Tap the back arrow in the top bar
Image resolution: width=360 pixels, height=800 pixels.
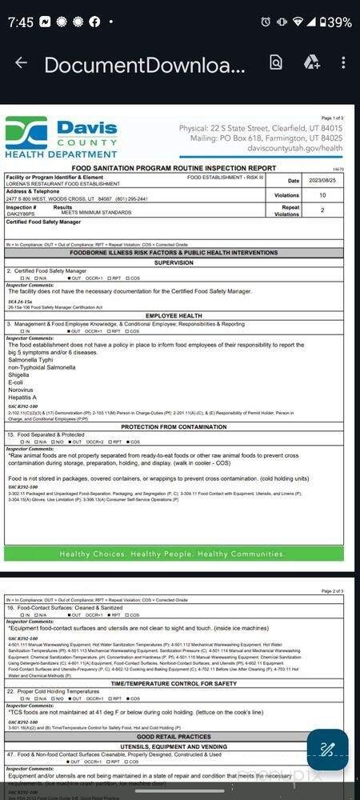click(x=21, y=63)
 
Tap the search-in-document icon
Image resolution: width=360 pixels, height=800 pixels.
click(x=276, y=63)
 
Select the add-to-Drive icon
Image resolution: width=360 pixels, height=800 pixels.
click(x=311, y=63)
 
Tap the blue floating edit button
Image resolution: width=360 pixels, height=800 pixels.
click(x=327, y=750)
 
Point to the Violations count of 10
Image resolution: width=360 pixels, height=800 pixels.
click(x=322, y=195)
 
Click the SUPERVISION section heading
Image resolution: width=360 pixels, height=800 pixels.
click(x=174, y=262)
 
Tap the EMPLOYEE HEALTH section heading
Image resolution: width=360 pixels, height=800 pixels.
click(x=174, y=316)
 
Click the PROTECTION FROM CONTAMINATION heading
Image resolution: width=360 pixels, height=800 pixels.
click(x=174, y=427)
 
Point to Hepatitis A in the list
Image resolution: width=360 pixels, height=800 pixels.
click(x=22, y=398)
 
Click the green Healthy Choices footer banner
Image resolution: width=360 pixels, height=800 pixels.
click(x=174, y=554)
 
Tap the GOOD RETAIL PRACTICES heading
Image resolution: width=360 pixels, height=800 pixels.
click(x=174, y=736)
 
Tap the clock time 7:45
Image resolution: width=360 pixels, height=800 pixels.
click(x=21, y=22)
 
